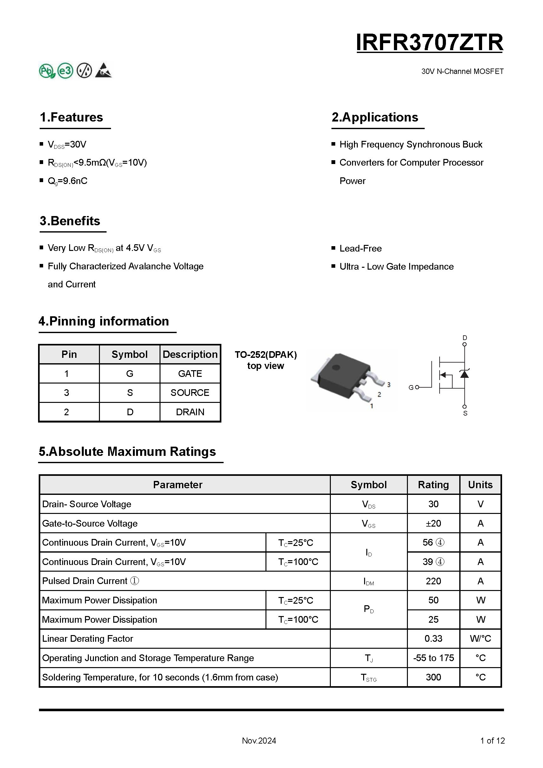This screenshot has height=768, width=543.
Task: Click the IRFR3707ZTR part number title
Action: click(x=429, y=43)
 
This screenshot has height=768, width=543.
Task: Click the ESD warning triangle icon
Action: click(x=103, y=70)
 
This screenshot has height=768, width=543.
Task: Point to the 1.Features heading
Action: click(x=71, y=117)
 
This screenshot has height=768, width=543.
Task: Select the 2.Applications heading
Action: click(x=375, y=117)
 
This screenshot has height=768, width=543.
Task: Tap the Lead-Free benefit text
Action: click(x=360, y=248)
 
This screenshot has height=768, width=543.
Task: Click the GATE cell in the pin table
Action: click(x=190, y=374)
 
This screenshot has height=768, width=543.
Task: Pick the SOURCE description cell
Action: click(x=190, y=393)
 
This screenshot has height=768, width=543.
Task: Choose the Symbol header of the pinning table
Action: click(x=129, y=354)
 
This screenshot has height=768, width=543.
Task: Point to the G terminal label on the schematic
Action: click(x=411, y=387)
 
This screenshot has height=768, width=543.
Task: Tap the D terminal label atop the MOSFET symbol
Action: click(x=464, y=338)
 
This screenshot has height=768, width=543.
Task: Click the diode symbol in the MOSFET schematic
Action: click(x=464, y=374)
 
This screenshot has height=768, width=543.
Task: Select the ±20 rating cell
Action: click(x=433, y=523)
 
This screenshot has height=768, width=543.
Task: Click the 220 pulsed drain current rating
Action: click(x=433, y=581)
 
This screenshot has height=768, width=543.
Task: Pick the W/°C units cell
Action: click(x=480, y=639)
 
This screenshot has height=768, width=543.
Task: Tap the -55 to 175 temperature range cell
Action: click(x=433, y=658)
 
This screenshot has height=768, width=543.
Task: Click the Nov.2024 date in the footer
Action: click(x=259, y=741)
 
